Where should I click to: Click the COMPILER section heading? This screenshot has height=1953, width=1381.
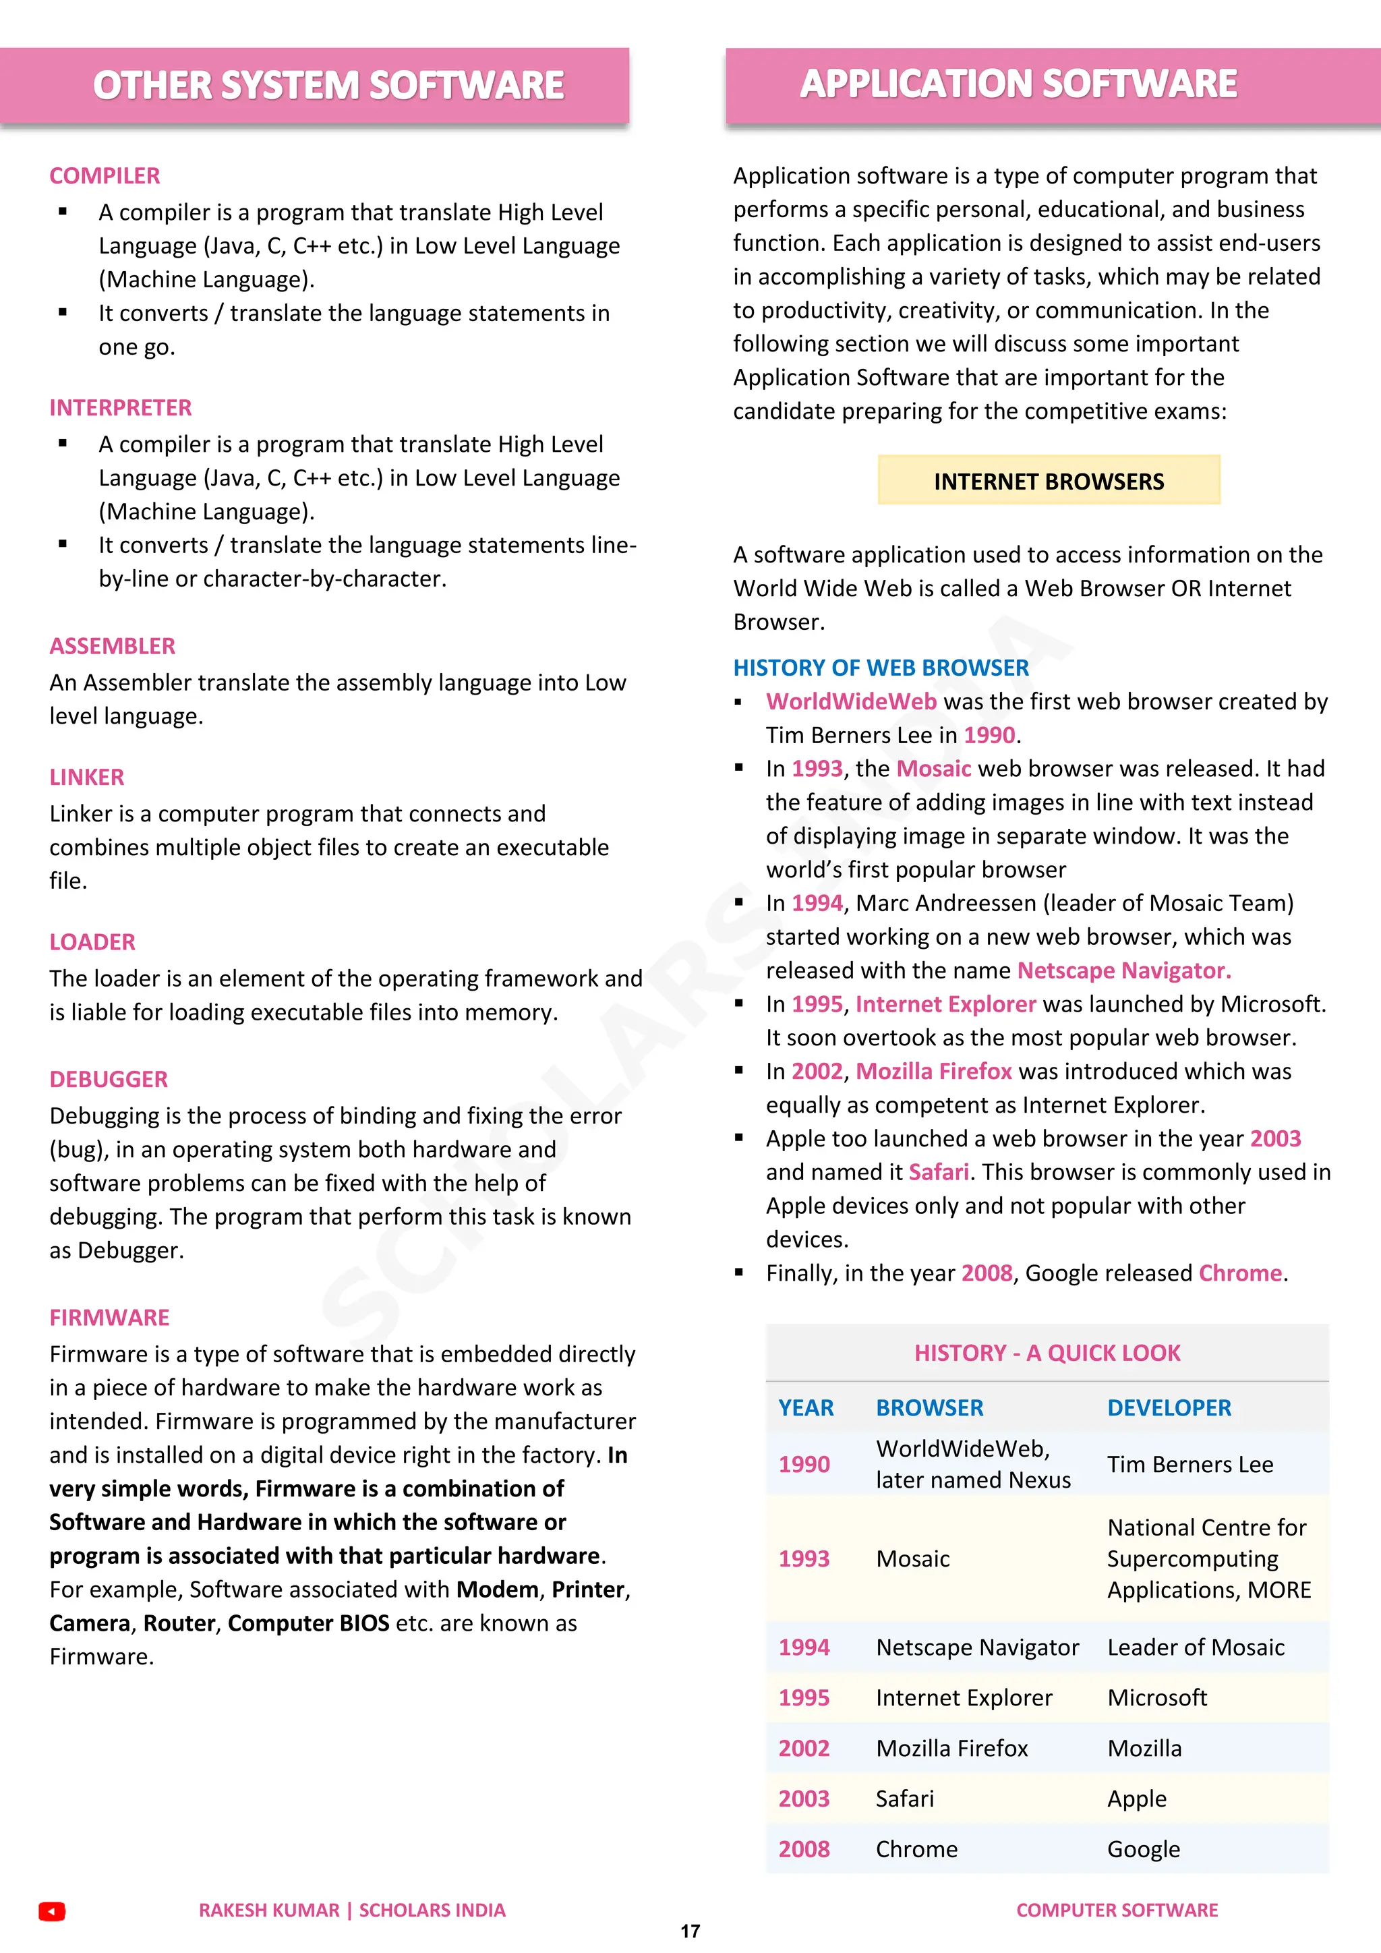tap(105, 176)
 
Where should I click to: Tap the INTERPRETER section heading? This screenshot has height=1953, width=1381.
tap(121, 408)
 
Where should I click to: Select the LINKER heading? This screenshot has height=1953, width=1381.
tap(87, 778)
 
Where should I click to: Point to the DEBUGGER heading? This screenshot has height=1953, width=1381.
tap(109, 1080)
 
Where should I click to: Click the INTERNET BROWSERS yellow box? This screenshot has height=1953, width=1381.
tap(1049, 482)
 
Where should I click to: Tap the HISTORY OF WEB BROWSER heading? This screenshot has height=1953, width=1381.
tap(881, 668)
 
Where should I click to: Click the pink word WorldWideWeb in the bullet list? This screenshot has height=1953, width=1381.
tap(851, 702)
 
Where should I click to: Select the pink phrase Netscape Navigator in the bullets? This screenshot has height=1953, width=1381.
tap(1123, 970)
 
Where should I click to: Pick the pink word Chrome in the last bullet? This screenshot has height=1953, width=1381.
tap(1240, 1273)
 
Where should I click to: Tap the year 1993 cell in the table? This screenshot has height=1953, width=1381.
tap(804, 1559)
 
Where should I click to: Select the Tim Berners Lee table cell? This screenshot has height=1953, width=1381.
tap(1189, 1465)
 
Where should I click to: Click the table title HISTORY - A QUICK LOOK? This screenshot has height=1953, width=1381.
tap(1047, 1353)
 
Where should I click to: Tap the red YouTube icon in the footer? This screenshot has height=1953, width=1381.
tap(52, 1911)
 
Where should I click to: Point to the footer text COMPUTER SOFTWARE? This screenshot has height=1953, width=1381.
tap(1117, 1911)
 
